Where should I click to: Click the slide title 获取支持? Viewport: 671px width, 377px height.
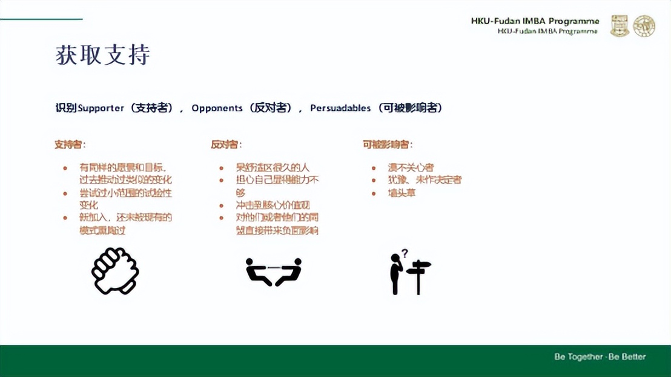[x=102, y=55]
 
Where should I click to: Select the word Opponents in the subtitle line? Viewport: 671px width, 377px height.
[x=217, y=108]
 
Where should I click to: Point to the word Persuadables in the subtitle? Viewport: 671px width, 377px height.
[x=340, y=108]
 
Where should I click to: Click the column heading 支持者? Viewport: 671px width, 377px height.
[x=70, y=144]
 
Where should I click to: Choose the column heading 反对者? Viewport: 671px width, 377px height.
[x=226, y=144]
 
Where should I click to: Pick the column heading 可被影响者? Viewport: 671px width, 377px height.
[x=388, y=144]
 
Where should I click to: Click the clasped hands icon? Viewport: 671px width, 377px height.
[x=115, y=271]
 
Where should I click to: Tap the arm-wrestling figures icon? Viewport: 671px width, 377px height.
[x=273, y=271]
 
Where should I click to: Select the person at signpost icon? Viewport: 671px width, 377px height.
[x=409, y=274]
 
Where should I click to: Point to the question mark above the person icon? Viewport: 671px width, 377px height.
[x=405, y=252]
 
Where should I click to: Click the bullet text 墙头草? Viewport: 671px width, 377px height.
[x=402, y=193]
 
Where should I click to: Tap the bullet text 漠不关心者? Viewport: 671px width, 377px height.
[x=411, y=167]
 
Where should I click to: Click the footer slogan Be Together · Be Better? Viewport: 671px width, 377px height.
[x=600, y=356]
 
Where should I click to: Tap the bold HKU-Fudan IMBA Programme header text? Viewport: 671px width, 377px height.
[x=535, y=21]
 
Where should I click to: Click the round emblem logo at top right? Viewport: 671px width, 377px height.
[x=644, y=26]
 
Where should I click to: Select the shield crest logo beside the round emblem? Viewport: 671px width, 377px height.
[x=620, y=26]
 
